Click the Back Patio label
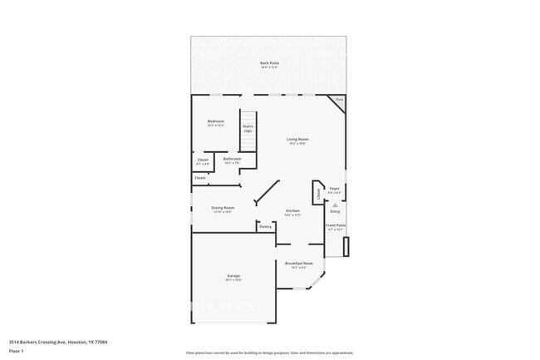tap(269, 62)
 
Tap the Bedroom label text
tap(216, 121)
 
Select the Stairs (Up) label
tap(248, 128)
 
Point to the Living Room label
tap(297, 139)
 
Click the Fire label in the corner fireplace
tap(339, 100)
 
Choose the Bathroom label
tap(232, 159)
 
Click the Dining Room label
tap(223, 208)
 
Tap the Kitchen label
tap(292, 211)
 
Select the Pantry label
tap(265, 226)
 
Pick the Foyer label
tap(335, 189)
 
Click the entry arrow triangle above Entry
tap(336, 204)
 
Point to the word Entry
tap(336, 211)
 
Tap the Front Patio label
tap(336, 225)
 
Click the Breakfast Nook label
tap(297, 264)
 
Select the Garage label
tap(233, 275)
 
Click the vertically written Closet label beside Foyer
tap(318, 193)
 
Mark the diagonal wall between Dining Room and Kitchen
tap(268, 193)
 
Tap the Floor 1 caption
tap(16, 352)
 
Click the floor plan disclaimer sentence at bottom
tap(270, 353)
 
